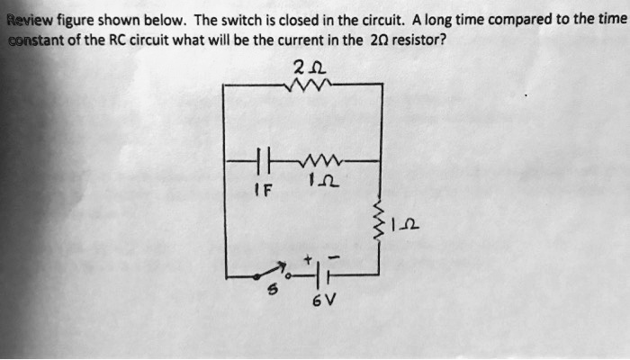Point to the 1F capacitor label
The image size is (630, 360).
tap(260, 190)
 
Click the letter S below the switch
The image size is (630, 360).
tap(264, 290)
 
